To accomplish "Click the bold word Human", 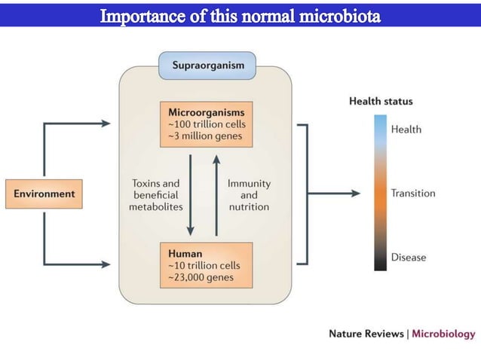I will tap(185, 254).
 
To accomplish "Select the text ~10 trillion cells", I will tap(204, 265).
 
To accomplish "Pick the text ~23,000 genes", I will tap(201, 277).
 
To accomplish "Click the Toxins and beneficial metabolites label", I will tap(157, 194).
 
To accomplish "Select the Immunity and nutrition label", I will tap(249, 194).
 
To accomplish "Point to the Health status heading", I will tap(381, 101).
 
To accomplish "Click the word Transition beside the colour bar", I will tap(412, 194).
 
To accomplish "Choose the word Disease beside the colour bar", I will tap(408, 258).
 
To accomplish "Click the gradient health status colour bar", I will tap(378, 192).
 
